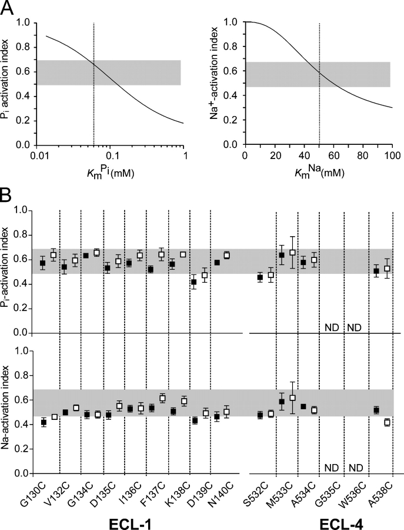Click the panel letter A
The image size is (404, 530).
[8, 9]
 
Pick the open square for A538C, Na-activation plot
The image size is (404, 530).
[387, 422]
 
